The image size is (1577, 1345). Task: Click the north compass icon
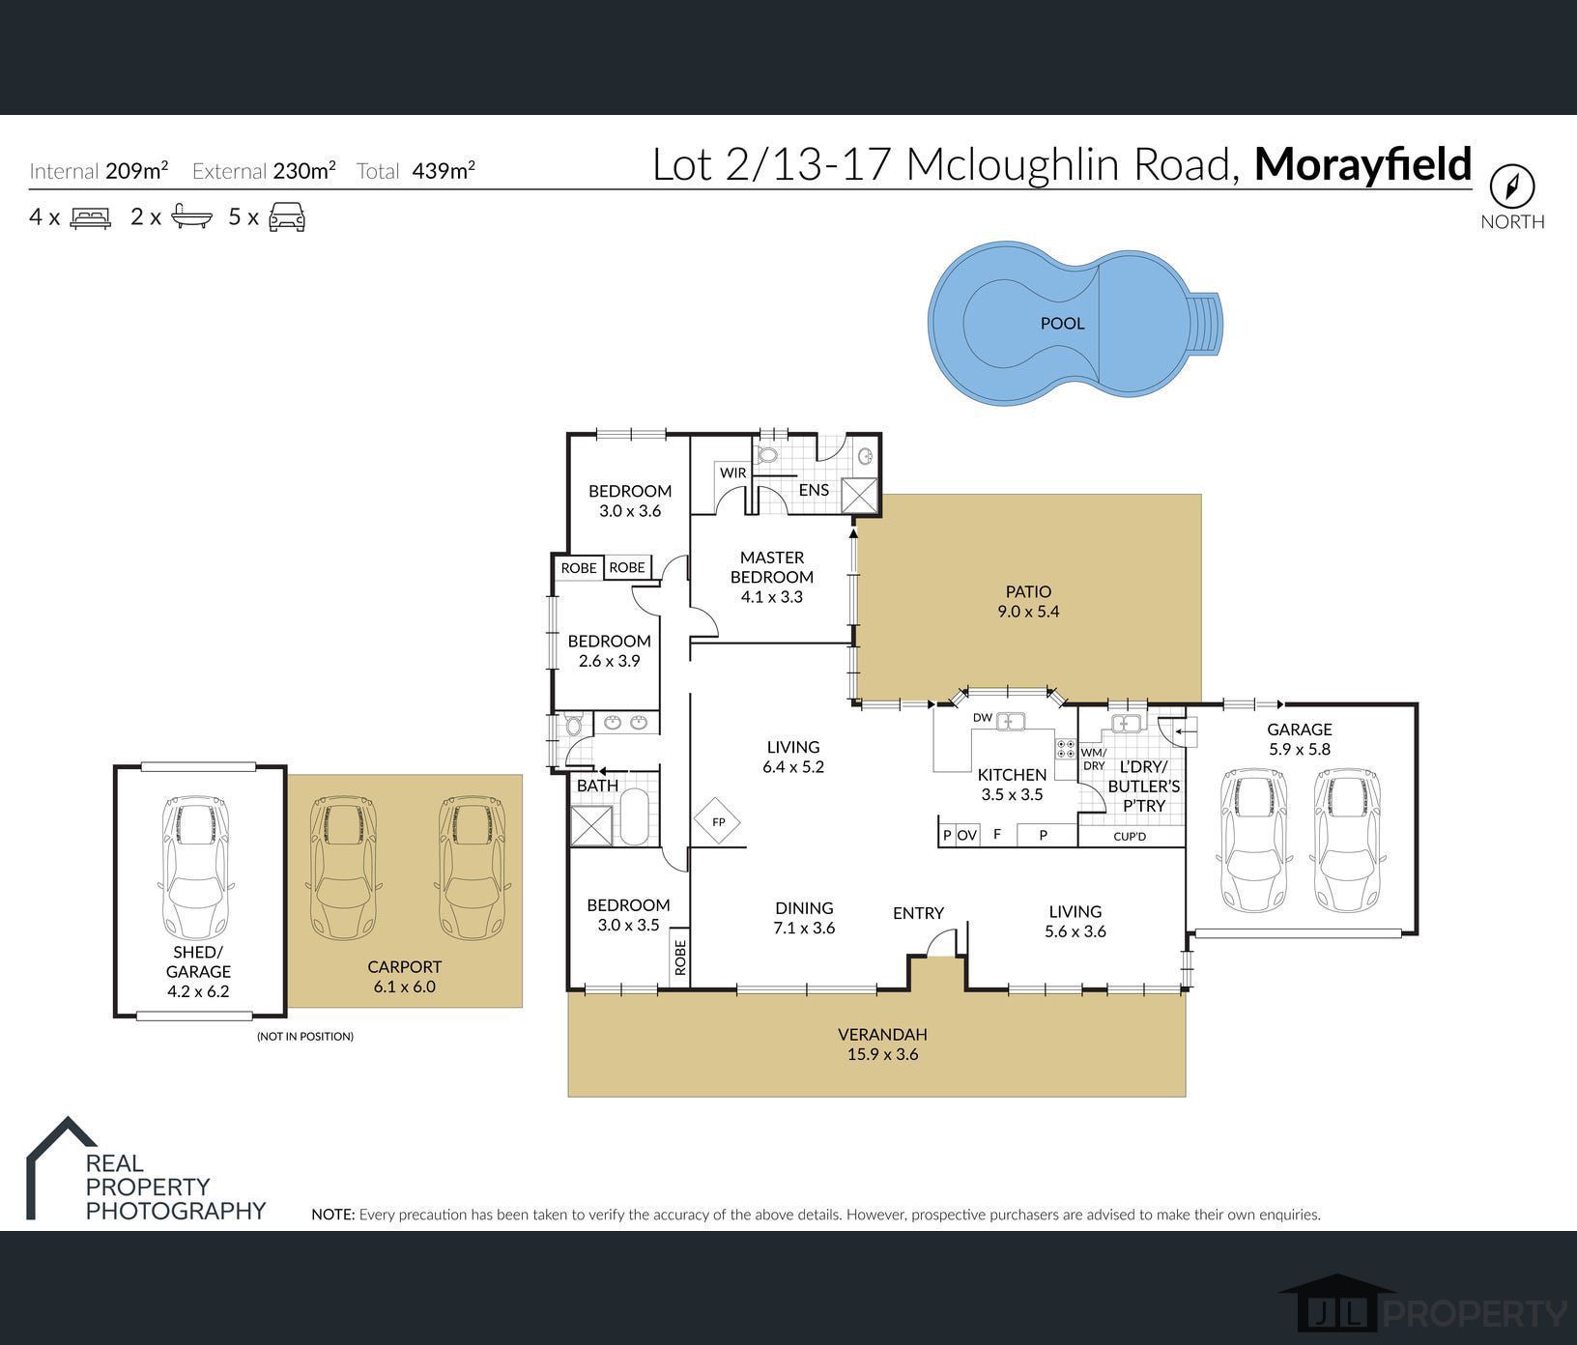(1512, 185)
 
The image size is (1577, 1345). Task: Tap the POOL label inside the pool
(1062, 324)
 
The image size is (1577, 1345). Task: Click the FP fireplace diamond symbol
(718, 822)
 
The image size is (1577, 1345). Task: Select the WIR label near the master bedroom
(732, 472)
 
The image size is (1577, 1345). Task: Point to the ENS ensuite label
(814, 490)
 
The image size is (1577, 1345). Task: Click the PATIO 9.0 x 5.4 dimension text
(1028, 612)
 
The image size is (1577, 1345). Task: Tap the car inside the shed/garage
(198, 869)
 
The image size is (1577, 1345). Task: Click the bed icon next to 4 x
(91, 217)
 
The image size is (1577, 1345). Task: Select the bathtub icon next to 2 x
(191, 217)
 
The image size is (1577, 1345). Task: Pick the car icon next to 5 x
(287, 217)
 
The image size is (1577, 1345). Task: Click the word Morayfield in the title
(1362, 164)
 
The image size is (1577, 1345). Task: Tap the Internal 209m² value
(136, 171)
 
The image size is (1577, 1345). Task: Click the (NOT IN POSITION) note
(305, 1036)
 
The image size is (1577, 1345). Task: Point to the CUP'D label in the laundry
(1129, 836)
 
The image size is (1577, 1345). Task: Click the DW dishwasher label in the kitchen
(982, 718)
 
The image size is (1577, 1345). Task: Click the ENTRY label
(918, 913)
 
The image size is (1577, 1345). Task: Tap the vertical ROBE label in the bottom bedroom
(680, 958)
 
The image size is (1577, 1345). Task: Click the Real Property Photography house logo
(60, 1167)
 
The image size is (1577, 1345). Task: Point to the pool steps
(1207, 323)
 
